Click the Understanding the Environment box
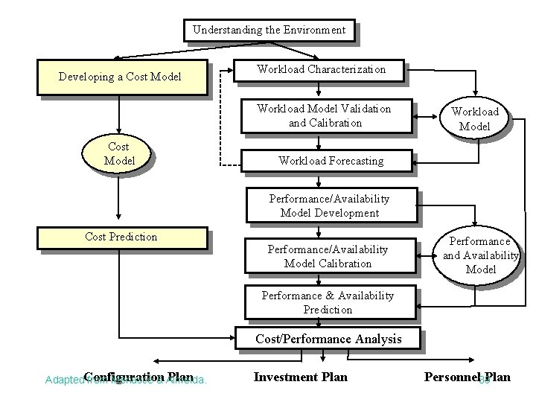[x=269, y=31]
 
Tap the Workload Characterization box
[x=321, y=70]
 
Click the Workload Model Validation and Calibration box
[x=324, y=116]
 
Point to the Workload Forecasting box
[x=330, y=160]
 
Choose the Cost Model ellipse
[x=119, y=154]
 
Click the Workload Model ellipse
[x=474, y=119]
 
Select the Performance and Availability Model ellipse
[x=480, y=255]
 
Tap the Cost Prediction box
[x=122, y=237]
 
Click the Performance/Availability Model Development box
[x=329, y=206]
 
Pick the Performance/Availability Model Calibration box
[x=328, y=257]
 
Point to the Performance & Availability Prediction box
[x=328, y=302]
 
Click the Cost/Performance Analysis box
[x=328, y=339]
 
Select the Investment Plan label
[x=300, y=377]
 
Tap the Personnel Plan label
[x=467, y=377]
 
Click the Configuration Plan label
[x=138, y=377]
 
